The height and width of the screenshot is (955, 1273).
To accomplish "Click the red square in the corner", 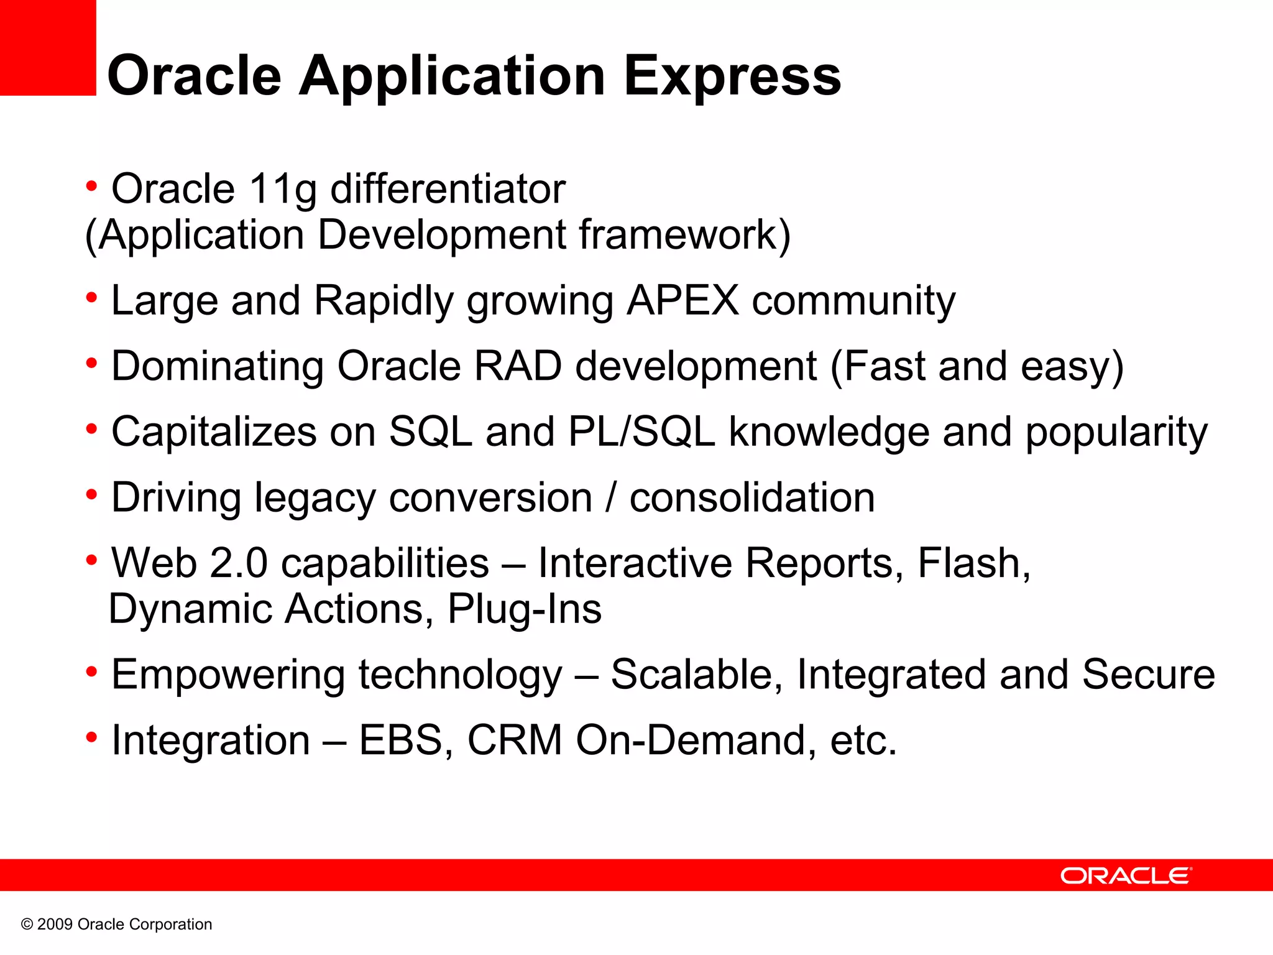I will [x=48, y=47].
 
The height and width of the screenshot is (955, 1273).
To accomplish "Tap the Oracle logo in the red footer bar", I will [x=1126, y=875].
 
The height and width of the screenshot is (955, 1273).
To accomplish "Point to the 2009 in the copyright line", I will [x=55, y=925].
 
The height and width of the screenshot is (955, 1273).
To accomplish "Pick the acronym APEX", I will [x=682, y=301].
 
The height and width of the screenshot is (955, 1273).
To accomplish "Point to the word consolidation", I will [x=751, y=498].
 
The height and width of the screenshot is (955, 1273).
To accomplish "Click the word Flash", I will [x=973, y=563].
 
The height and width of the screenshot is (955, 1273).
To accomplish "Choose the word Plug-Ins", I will [x=524, y=609].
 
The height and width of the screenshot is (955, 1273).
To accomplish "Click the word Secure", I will [x=1148, y=675].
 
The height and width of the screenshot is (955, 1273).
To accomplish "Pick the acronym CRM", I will [x=515, y=740].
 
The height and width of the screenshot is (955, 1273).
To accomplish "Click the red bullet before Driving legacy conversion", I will [x=92, y=495].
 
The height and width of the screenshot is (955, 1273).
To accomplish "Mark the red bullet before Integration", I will [x=92, y=738].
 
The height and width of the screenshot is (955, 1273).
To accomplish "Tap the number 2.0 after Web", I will [x=239, y=563].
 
